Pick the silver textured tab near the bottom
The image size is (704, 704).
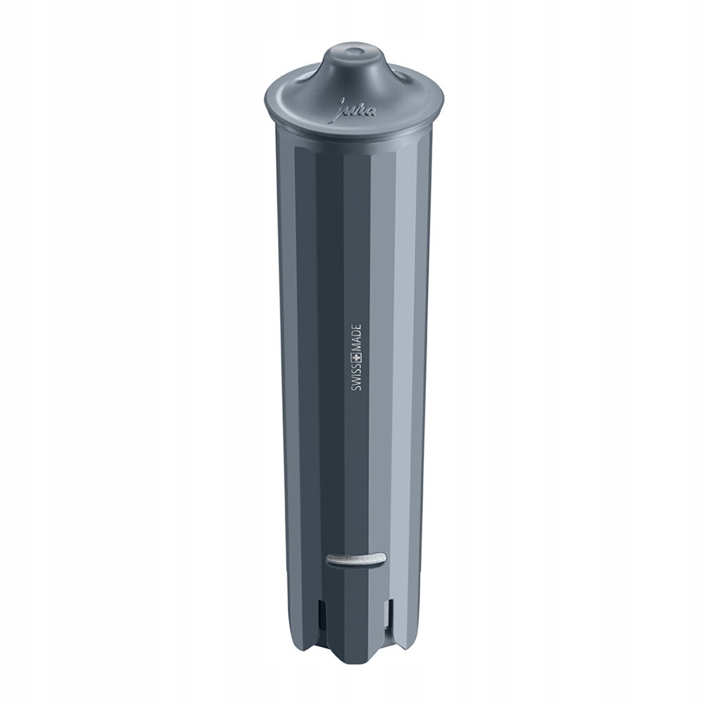[356, 559]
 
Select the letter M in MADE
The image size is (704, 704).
[357, 332]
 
